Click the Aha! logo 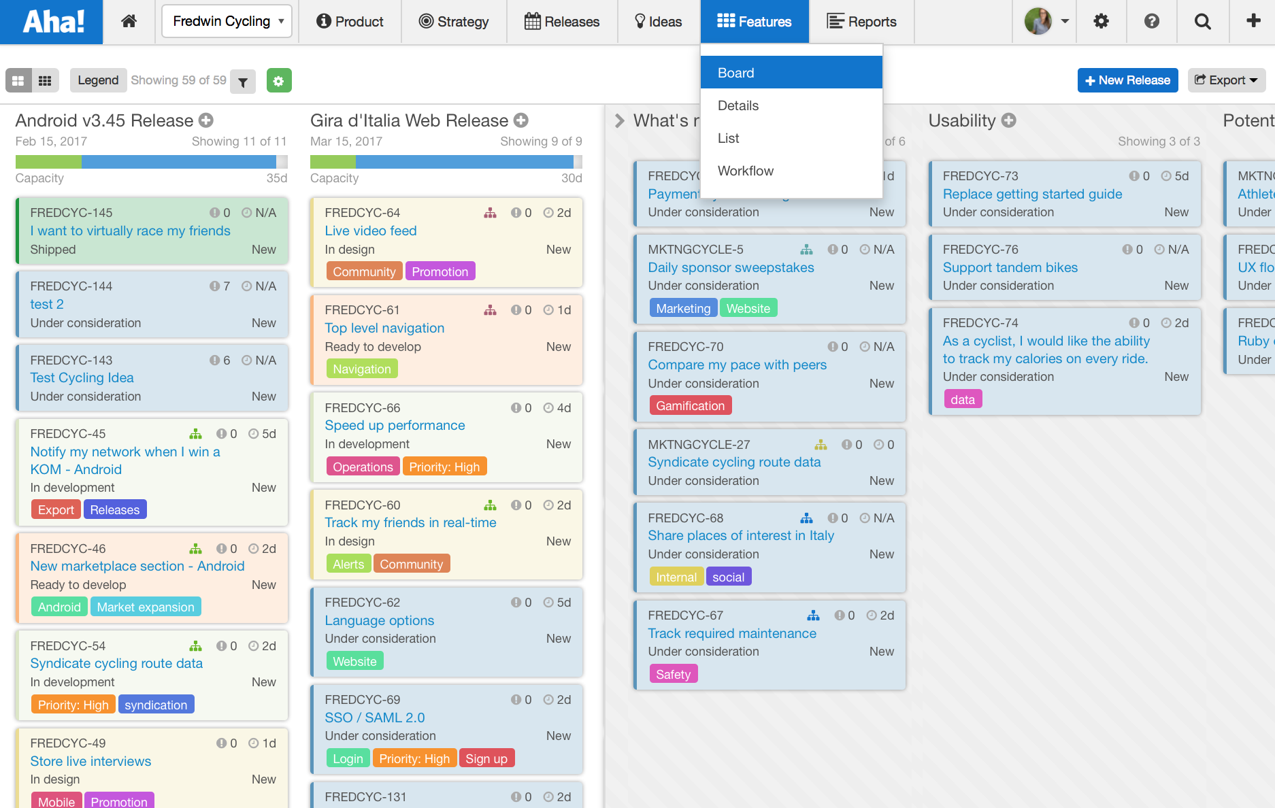[52, 22]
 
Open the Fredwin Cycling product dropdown [227, 22]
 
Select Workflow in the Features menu [746, 171]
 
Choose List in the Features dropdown [728, 138]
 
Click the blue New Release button [1127, 80]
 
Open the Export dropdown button [1226, 80]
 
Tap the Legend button [98, 80]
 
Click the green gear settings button [278, 81]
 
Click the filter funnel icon [243, 82]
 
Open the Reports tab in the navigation [862, 22]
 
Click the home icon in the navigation [129, 22]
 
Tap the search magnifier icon [1202, 22]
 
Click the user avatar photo [1038, 22]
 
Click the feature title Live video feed [370, 231]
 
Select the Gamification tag [690, 406]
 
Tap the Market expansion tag [145, 607]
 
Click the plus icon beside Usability [1009, 120]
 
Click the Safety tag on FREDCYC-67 [673, 675]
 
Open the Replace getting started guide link [1032, 194]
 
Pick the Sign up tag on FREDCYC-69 [486, 759]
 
